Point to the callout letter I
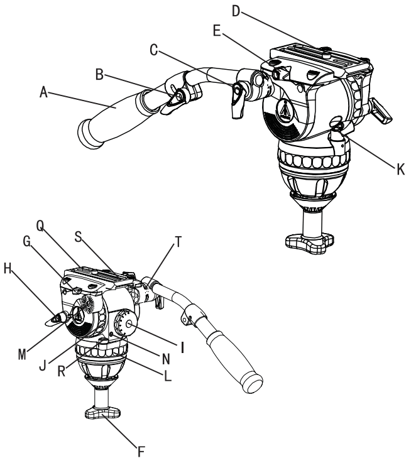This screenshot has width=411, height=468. point(181,344)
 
